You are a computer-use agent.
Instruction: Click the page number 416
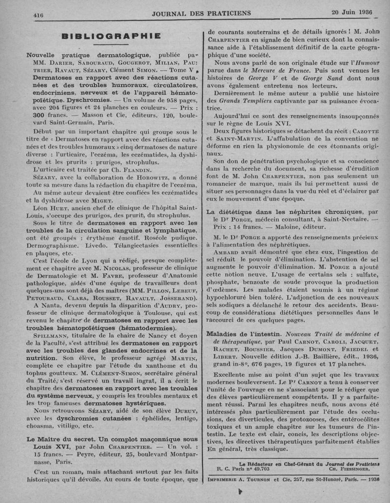tap(39, 15)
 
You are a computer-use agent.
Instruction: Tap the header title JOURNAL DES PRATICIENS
tap(201, 13)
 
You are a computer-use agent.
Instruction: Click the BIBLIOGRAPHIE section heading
tap(112, 36)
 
